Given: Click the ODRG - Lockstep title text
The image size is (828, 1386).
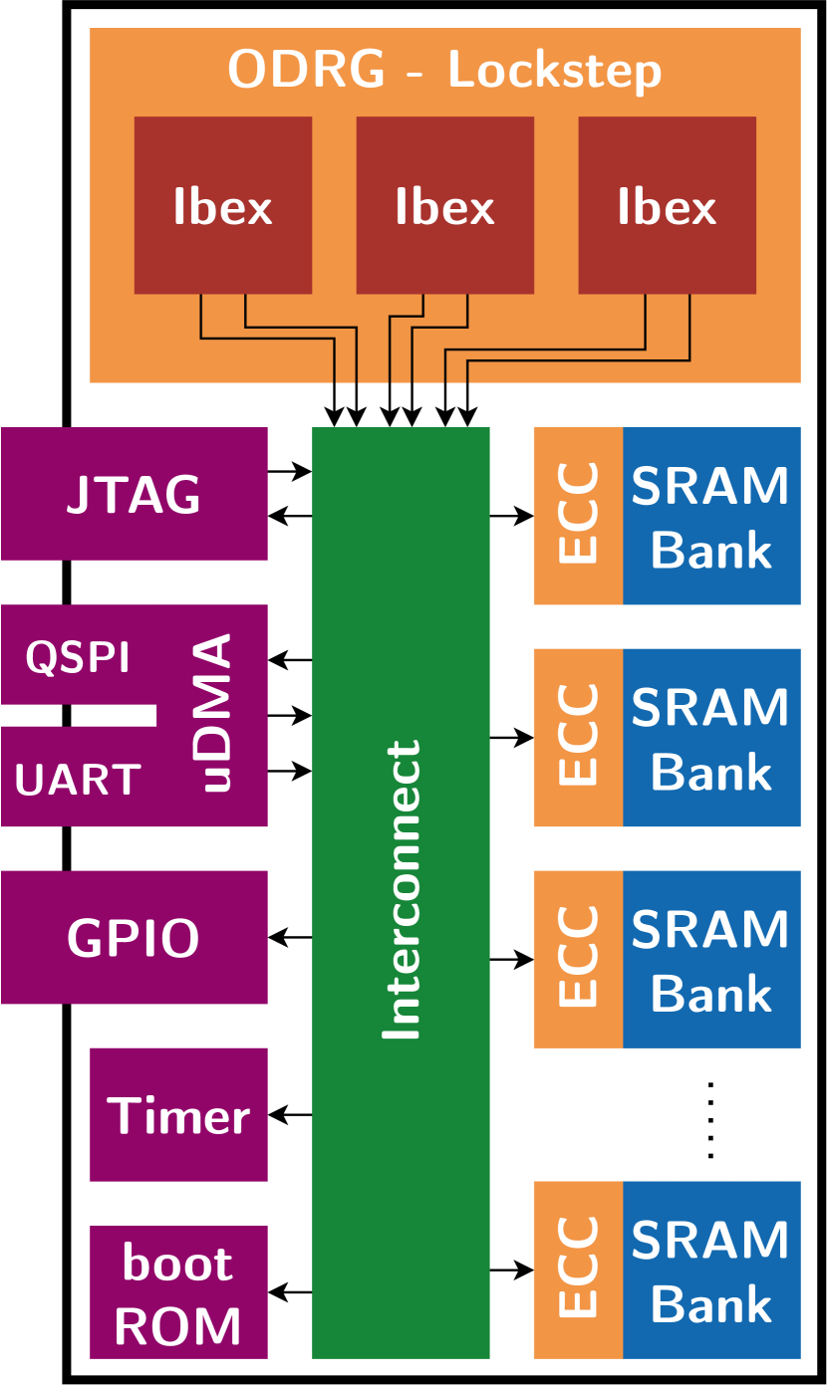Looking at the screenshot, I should pyautogui.click(x=444, y=71).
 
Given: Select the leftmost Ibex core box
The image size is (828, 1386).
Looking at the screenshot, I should pyautogui.click(x=223, y=205).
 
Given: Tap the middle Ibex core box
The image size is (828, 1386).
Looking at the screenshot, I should pyautogui.click(x=444, y=205).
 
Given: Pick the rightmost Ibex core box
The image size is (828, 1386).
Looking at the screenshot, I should pyautogui.click(x=667, y=205).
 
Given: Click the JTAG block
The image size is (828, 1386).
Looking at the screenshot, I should pyautogui.click(x=135, y=494).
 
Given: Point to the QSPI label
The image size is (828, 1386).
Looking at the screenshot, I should pyautogui.click(x=78, y=658).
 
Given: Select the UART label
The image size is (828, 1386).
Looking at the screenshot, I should pyautogui.click(x=78, y=781).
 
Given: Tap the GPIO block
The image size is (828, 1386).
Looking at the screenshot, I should pyautogui.click(x=135, y=937).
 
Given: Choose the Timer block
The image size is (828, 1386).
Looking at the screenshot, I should pyautogui.click(x=178, y=1115).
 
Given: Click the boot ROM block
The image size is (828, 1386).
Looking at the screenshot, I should pyautogui.click(x=178, y=1292).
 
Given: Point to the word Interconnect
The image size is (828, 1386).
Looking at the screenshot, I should pyautogui.click(x=402, y=891).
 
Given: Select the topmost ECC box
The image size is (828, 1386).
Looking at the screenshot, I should pyautogui.click(x=578, y=516).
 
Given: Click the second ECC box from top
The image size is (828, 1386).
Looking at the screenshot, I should pyautogui.click(x=578, y=737).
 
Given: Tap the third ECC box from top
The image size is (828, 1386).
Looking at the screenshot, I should pyautogui.click(x=578, y=959).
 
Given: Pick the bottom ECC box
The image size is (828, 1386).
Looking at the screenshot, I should pyautogui.click(x=578, y=1270).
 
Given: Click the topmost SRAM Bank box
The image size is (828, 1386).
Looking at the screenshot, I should pyautogui.click(x=711, y=516).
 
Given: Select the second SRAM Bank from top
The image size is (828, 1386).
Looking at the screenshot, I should pyautogui.click(x=711, y=737).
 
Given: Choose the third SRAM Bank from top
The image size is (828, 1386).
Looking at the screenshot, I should pyautogui.click(x=711, y=959).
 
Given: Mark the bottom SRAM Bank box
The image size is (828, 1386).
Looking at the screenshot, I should pyautogui.click(x=711, y=1270).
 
